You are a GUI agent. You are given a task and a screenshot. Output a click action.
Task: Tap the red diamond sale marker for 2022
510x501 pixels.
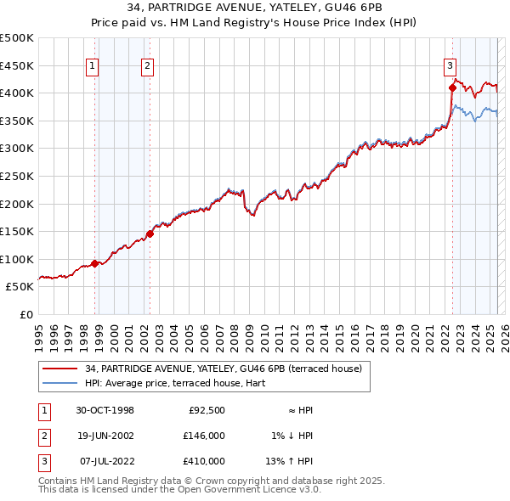pyautogui.click(x=452, y=87)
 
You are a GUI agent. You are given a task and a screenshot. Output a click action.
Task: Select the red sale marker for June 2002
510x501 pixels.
pyautogui.click(x=150, y=234)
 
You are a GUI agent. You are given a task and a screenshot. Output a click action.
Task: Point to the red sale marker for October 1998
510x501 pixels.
pyautogui.click(x=95, y=263)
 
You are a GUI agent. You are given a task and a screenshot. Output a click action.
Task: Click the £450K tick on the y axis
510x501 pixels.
pyautogui.click(x=17, y=65)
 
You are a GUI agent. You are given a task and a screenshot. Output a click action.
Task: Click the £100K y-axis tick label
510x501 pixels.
pyautogui.click(x=17, y=259)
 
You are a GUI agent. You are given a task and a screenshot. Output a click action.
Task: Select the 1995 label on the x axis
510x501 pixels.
pyautogui.click(x=38, y=331)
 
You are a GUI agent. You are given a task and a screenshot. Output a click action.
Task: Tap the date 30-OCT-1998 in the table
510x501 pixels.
pyautogui.click(x=105, y=410)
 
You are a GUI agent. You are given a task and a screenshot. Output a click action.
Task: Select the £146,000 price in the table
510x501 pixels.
pyautogui.click(x=205, y=436)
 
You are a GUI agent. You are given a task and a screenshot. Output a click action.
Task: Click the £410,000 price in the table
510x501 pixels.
pyautogui.click(x=205, y=461)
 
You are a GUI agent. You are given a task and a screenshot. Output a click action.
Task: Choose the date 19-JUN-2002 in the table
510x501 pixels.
pyautogui.click(x=105, y=436)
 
